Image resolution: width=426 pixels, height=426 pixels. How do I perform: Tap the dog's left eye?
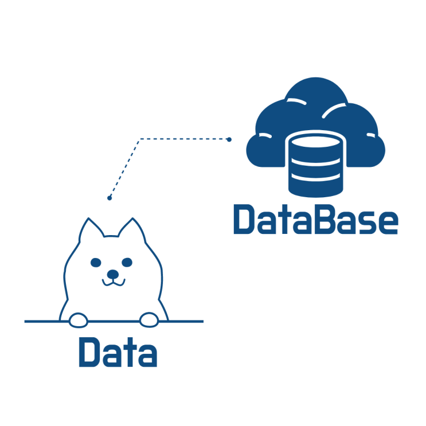click(x=96, y=263)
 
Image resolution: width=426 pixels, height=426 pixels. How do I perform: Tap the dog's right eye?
click(x=127, y=263)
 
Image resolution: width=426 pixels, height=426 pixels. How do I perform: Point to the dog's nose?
click(x=113, y=274)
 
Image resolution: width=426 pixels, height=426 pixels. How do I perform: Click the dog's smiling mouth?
click(x=114, y=283)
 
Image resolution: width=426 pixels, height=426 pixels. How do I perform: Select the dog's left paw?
click(x=79, y=320)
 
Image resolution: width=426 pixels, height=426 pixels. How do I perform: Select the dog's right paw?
click(x=149, y=320)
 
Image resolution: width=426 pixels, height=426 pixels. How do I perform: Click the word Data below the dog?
click(x=118, y=352)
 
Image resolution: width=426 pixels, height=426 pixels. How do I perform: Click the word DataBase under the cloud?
click(x=316, y=219)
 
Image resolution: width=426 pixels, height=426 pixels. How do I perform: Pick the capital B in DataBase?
click(x=324, y=219)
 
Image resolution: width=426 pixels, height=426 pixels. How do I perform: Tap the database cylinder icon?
click(x=315, y=164)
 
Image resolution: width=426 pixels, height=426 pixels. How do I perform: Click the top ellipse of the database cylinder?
click(x=315, y=142)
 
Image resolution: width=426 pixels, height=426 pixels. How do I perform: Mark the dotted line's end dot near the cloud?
click(x=229, y=139)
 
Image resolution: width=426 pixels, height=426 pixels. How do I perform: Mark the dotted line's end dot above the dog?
click(x=110, y=198)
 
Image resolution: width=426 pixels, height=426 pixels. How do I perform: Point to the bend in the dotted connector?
click(x=140, y=139)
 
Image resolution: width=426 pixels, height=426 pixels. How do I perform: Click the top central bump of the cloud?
click(x=316, y=89)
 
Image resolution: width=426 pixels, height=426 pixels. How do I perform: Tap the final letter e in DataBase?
click(x=388, y=223)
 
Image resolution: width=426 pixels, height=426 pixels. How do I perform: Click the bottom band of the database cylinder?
click(x=315, y=187)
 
